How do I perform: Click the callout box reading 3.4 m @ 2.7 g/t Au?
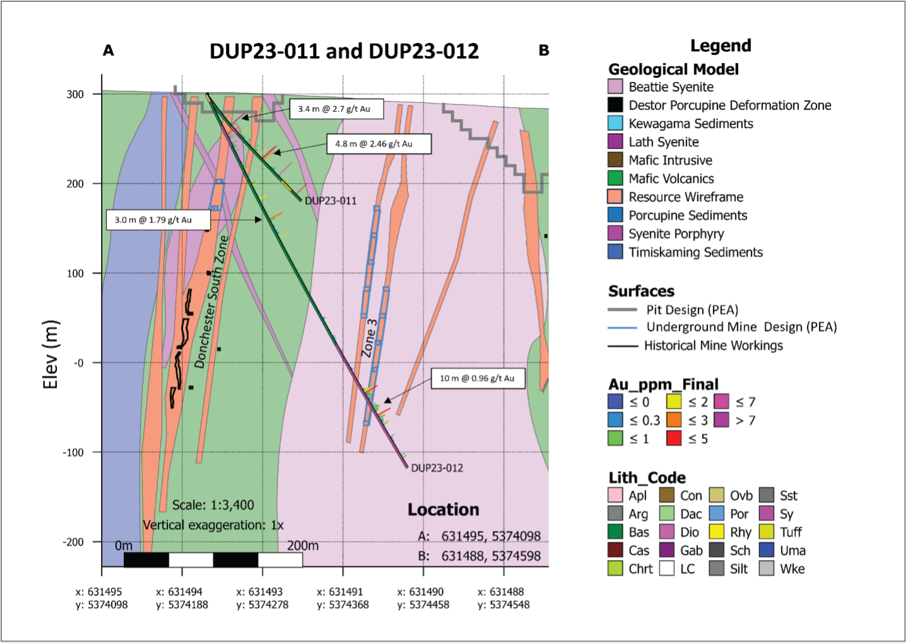click(x=336, y=109)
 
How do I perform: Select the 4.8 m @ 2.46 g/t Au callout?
click(x=379, y=144)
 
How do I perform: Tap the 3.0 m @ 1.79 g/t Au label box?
click(x=158, y=220)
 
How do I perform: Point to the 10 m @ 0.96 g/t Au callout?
click(x=478, y=378)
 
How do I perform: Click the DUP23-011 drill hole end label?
click(x=331, y=201)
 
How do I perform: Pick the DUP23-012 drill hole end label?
click(x=437, y=468)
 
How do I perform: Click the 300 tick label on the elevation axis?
click(x=75, y=94)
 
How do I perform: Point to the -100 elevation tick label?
click(x=73, y=452)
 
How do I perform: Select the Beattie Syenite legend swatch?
click(x=615, y=86)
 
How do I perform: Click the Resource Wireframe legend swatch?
click(x=615, y=197)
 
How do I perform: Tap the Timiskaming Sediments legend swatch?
click(x=615, y=252)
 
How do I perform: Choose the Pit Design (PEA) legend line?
click(x=623, y=310)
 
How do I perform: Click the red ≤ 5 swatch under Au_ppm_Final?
click(x=674, y=438)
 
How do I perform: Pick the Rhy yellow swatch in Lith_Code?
click(x=717, y=532)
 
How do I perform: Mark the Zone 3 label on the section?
click(x=369, y=338)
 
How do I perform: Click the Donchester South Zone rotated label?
click(x=211, y=302)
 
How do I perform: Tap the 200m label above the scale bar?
click(x=303, y=546)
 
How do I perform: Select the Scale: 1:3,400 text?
click(x=213, y=505)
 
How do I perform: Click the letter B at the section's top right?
click(x=544, y=51)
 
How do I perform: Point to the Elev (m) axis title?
click(x=52, y=355)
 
